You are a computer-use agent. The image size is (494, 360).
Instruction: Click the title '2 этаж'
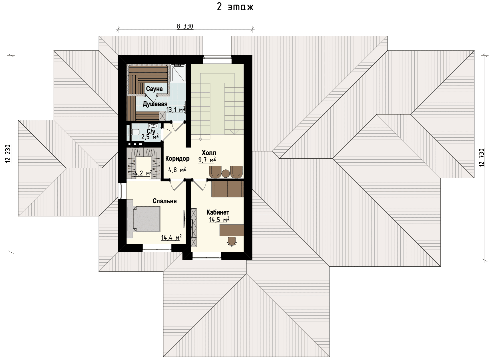(235, 7)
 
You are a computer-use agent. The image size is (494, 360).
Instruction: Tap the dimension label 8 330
(185, 26)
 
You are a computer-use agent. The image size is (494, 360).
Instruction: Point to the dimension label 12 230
(8, 154)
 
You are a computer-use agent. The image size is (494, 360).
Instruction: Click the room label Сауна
(154, 89)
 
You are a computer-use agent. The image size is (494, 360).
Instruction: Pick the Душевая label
(155, 104)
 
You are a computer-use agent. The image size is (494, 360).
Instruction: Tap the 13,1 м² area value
(176, 110)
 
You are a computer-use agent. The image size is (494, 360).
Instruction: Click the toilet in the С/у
(133, 132)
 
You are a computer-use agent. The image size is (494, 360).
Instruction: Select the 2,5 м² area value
(150, 137)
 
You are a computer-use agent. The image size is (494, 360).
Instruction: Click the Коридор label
(177, 159)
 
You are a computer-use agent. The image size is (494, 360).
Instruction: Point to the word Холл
(209, 153)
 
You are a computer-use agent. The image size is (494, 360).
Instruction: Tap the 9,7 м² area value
(207, 160)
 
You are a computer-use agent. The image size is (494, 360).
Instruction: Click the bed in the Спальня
(143, 219)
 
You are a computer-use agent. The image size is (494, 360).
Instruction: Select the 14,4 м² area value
(171, 237)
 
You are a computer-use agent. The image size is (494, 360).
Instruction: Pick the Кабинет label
(218, 212)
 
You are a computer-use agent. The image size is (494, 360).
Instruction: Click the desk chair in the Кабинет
(231, 241)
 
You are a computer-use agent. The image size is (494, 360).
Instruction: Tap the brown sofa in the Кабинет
(227, 189)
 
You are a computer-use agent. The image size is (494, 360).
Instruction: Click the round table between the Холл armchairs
(225, 173)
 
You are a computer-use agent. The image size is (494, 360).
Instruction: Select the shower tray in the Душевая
(178, 73)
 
